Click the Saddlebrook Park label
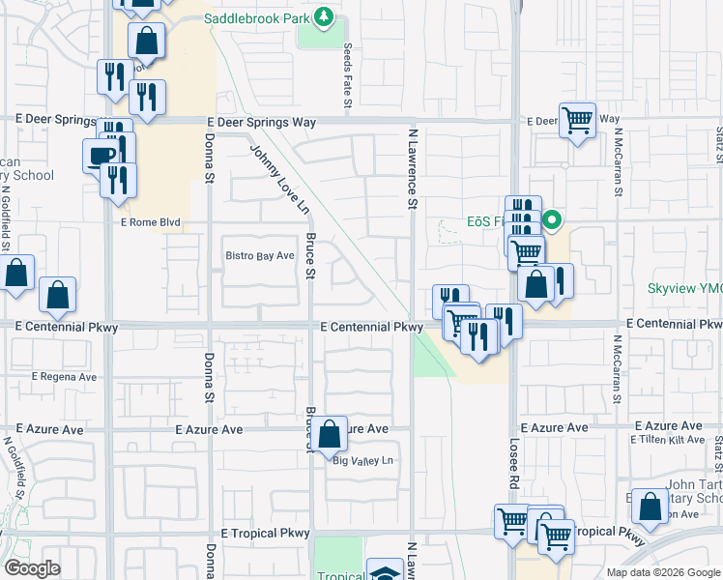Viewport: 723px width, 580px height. point(260,17)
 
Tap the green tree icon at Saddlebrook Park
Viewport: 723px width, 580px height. point(326,16)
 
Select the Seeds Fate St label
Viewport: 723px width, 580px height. point(347,77)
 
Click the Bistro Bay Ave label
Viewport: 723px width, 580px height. point(259,256)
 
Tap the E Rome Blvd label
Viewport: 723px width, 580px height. point(151,222)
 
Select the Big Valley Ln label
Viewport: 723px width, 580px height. point(364,461)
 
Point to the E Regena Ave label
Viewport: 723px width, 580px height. point(64,376)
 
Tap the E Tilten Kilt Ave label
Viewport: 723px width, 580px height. point(667,440)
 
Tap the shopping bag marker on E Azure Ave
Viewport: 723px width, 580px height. point(330,434)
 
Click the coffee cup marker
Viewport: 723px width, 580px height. point(101,156)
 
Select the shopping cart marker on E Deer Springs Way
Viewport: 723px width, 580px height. point(577,121)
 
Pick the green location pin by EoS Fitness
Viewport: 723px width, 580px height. point(552,220)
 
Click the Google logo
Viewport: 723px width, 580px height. point(32,568)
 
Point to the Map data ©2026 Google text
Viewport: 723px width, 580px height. point(664,572)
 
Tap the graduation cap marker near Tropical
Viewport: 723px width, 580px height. point(385,572)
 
